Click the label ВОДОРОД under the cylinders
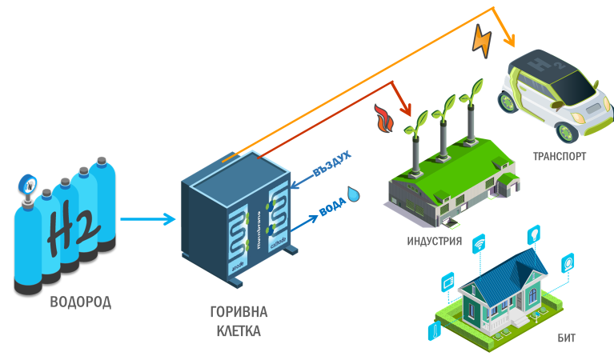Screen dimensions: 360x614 (x=80, y=302)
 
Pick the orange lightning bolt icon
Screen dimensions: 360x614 (x=483, y=39)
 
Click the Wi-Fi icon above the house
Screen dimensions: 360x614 (x=480, y=243)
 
